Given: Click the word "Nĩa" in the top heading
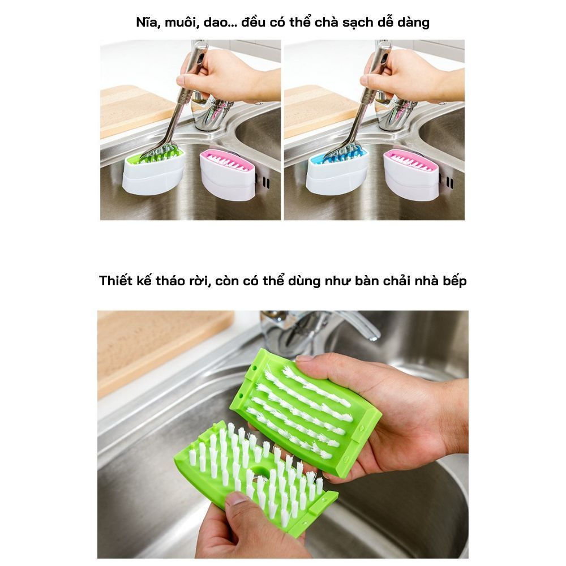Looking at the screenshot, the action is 148,23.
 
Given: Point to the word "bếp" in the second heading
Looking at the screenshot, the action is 455,281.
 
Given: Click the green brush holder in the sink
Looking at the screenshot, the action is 153,171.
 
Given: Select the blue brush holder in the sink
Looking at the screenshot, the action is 337,171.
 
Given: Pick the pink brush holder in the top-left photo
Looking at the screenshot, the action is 228,175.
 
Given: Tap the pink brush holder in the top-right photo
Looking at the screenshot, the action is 411,175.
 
